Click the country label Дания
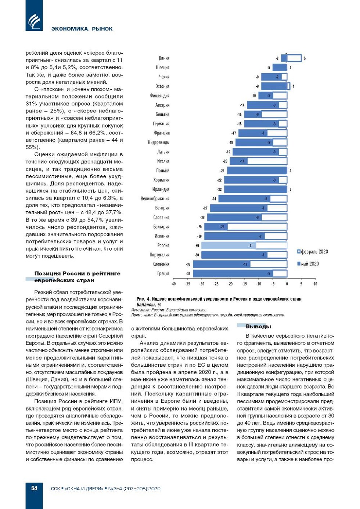[164, 58]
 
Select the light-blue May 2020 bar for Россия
[228, 245]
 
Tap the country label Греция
[163, 273]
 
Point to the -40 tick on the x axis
[173, 284]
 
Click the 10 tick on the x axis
[315, 284]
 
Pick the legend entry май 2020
[310, 264]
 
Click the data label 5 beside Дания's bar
[305, 58]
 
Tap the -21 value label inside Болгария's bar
[222, 227]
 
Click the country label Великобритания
[155, 198]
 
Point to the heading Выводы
[258, 326]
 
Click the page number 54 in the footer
[34, 488]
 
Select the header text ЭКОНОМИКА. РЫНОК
[82, 29]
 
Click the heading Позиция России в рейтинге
[77, 273]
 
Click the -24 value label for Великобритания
[214, 199]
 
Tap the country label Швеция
[162, 68]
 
